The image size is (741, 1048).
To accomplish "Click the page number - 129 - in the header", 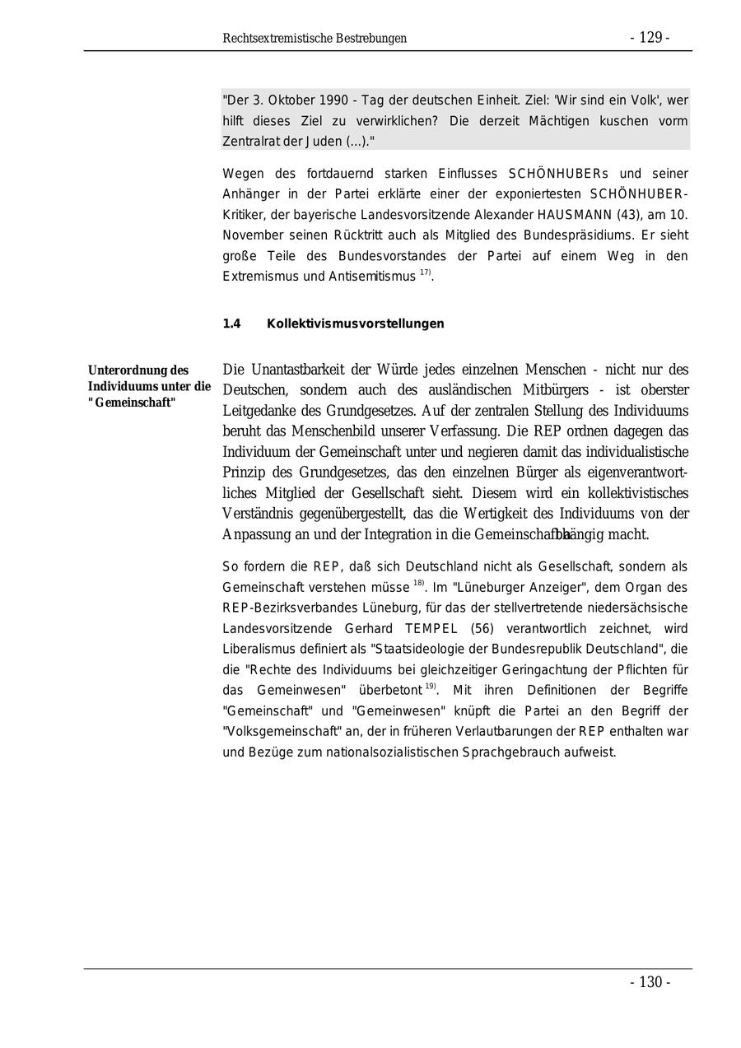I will pyautogui.click(x=650, y=38).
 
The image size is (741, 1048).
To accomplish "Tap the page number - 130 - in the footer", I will pyautogui.click(x=650, y=982).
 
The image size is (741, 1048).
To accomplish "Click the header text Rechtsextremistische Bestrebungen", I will pyautogui.click(x=315, y=39).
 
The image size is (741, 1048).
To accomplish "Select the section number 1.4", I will pyautogui.click(x=231, y=324).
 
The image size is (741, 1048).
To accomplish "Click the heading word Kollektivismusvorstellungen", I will pyautogui.click(x=355, y=324).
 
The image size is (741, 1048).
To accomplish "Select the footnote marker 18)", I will pyautogui.click(x=419, y=584).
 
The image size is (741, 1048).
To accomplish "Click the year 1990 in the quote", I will pyautogui.click(x=322, y=100).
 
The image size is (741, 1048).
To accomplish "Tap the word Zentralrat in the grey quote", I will pyautogui.click(x=250, y=142).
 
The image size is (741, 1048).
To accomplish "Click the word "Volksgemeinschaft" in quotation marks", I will pyautogui.click(x=279, y=732).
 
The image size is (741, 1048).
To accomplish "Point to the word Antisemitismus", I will pyautogui.click(x=372, y=277).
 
